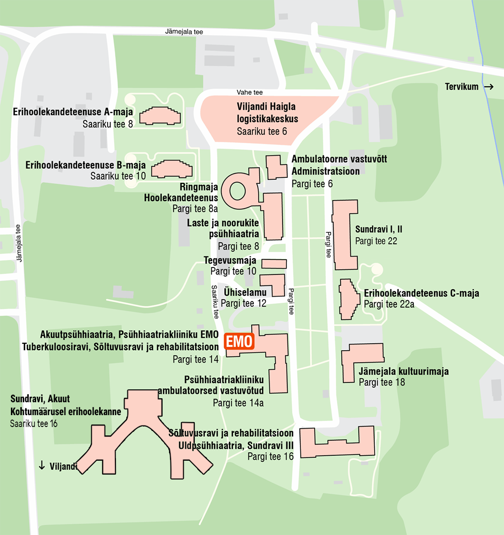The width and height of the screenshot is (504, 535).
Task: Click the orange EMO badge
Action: coord(239,342)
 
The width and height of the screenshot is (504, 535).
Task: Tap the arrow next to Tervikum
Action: coord(489,87)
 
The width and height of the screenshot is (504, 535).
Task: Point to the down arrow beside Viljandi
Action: coord(42,465)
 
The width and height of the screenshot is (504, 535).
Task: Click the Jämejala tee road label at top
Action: coord(184,32)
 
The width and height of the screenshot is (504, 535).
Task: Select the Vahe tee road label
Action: coord(249,92)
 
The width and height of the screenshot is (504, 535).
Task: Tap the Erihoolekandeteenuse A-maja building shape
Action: coord(161,116)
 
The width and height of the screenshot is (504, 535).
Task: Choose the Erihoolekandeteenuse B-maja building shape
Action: coord(171,169)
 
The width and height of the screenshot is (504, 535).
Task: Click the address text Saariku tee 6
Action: coord(262,131)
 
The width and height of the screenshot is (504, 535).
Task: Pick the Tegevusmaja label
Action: coord(230,261)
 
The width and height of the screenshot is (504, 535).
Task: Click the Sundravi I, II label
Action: coord(379,230)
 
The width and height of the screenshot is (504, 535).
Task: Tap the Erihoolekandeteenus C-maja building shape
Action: coord(349,298)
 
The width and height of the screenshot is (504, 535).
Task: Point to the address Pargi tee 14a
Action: coord(238,403)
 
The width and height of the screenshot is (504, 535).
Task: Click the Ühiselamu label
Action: coord(245,292)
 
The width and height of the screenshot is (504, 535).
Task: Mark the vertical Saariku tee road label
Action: coord(215,302)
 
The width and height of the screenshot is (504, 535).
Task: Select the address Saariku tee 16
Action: coord(34,424)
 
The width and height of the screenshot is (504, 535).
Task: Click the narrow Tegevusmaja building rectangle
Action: coord(274,264)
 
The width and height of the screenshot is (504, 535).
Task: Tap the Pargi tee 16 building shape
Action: coord(337,444)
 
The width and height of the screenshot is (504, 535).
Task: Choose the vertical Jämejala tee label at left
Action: coord(19,243)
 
